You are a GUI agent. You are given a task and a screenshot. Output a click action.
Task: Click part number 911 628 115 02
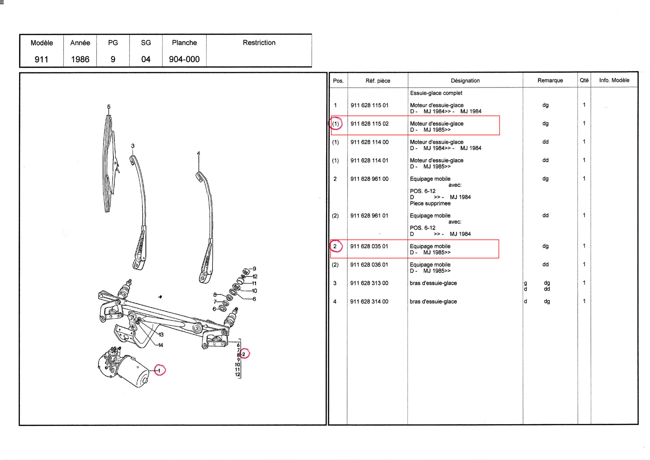[369, 124]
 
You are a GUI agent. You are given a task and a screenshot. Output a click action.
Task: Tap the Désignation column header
[465, 81]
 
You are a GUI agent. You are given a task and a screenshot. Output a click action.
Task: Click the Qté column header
[584, 80]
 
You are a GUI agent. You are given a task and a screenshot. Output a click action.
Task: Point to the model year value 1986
[80, 59]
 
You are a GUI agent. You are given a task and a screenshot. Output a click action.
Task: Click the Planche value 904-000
[184, 59]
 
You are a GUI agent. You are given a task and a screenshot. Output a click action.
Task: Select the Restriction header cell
[259, 43]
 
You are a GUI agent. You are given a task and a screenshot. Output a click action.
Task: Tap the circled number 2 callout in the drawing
[243, 354]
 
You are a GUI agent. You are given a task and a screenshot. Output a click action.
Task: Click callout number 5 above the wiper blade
[109, 107]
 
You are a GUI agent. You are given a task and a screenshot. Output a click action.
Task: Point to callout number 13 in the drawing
[161, 335]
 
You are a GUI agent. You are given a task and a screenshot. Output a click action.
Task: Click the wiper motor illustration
[123, 369]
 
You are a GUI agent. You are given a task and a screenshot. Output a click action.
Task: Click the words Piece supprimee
[430, 204]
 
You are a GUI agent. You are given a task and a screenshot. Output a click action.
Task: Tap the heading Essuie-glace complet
[436, 93]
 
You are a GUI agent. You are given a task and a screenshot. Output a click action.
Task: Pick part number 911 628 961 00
[369, 179]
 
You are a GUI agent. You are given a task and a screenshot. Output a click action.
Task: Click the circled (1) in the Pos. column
[335, 124]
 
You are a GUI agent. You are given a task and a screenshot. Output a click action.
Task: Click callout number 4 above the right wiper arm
[199, 153]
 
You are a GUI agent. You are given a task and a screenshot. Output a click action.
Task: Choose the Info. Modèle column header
[614, 80]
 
